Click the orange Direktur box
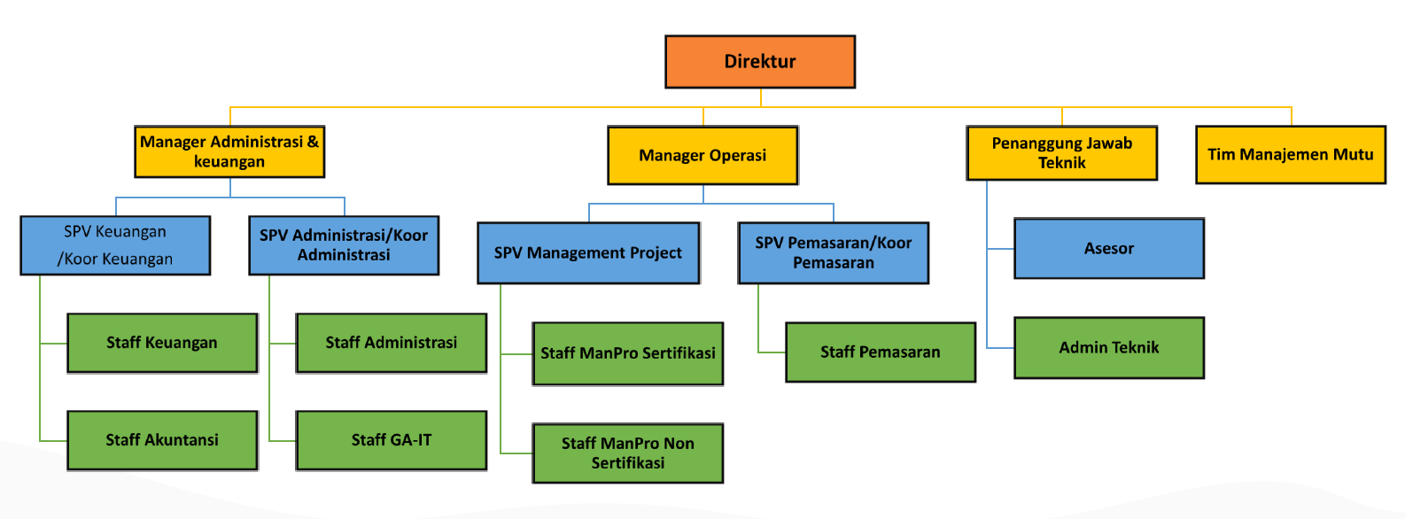point(760,61)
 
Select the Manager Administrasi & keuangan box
point(229,151)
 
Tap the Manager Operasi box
point(702,155)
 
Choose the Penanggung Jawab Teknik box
point(1061,153)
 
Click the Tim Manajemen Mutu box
point(1290,155)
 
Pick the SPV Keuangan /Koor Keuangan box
point(115,245)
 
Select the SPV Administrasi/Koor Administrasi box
point(344,245)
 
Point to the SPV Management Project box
point(588,252)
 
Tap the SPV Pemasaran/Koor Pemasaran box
point(833,252)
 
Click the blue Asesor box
point(1108,249)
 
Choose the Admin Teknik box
point(1108,348)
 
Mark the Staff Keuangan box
point(162,343)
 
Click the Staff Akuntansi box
point(162,440)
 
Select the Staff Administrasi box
point(391,343)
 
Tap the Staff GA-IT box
point(391,440)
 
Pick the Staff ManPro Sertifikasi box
point(627,353)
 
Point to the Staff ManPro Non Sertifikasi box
point(627,453)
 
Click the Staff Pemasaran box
point(880,352)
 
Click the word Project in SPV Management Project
point(653,253)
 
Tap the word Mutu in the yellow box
point(1353,155)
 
